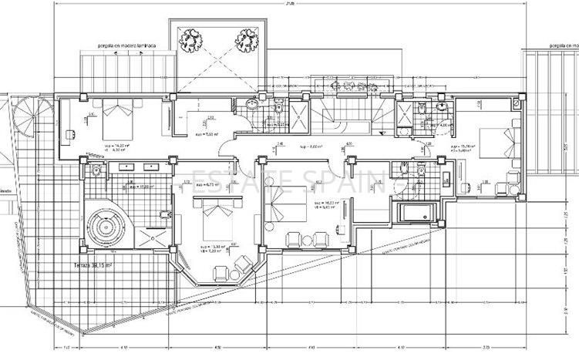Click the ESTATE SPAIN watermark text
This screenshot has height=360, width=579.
pos(288,182)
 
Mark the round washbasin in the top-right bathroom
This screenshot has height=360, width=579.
pos(441,106)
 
